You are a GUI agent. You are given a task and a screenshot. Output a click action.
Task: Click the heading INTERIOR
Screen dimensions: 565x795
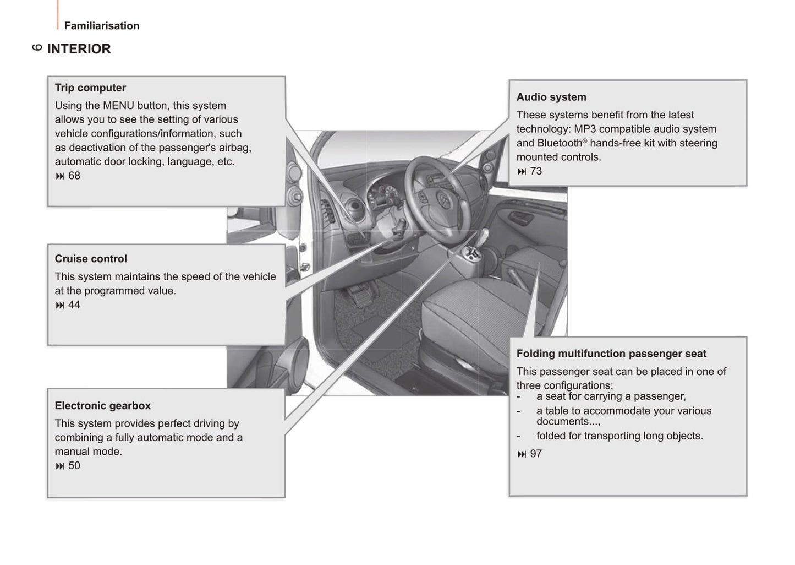pos(79,49)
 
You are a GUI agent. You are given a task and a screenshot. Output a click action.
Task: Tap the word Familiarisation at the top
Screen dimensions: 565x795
pos(102,26)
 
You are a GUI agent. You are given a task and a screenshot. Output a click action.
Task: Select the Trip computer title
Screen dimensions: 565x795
pos(90,88)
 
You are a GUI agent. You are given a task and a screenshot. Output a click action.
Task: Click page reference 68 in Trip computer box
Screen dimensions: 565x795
pos(74,176)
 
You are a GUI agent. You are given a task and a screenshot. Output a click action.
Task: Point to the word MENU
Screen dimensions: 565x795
pos(118,106)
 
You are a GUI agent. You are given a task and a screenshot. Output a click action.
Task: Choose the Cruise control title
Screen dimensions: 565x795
pos(91,259)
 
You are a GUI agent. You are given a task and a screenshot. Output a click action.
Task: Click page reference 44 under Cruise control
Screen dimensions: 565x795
pos(74,305)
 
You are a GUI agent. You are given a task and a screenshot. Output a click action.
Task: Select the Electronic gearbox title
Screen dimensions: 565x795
pos(102,406)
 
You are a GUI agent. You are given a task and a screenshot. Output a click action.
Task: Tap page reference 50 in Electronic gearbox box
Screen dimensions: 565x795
pos(74,466)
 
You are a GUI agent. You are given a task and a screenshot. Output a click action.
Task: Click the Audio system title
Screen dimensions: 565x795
pos(551,97)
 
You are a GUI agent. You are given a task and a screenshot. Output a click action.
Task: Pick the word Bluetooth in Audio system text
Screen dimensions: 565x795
pos(559,143)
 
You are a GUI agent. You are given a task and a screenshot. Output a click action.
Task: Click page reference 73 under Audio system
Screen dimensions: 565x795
pos(536,171)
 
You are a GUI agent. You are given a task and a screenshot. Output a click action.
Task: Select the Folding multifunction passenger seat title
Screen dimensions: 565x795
pos(611,354)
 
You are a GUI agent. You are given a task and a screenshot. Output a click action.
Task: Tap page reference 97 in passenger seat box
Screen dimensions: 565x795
pos(536,454)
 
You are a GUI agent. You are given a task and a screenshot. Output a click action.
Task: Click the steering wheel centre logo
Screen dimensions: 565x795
pos(443,198)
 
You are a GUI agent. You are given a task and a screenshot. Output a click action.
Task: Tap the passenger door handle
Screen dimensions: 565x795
pos(520,219)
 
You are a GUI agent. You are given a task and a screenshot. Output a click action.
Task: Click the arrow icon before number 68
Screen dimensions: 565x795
pos(60,176)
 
